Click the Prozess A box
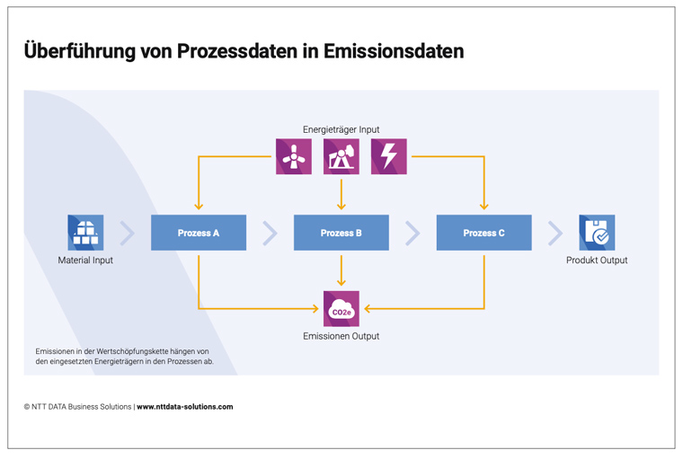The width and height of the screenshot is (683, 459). [199, 233]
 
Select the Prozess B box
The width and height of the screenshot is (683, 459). [341, 233]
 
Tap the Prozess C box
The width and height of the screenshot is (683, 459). [483, 233]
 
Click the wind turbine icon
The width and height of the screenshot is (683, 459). [294, 157]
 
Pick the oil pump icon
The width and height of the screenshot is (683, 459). [341, 157]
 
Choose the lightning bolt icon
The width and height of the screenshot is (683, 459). [389, 157]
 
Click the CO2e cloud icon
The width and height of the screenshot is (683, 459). [341, 309]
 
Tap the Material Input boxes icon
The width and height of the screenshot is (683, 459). [85, 233]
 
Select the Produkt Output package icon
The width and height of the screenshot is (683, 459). [597, 233]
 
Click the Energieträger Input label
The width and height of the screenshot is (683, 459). [341, 129]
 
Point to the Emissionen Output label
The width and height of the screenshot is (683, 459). [341, 336]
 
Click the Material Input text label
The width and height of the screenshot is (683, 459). [85, 260]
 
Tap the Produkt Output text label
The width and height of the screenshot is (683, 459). [597, 260]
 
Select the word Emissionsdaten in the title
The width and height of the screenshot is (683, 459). [394, 51]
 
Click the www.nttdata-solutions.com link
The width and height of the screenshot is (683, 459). [185, 407]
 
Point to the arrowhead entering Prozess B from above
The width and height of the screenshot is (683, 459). [341, 207]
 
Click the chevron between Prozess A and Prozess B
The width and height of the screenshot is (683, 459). [271, 233]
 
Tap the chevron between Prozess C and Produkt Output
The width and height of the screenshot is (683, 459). [555, 233]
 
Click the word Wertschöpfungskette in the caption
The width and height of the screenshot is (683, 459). [131, 351]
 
